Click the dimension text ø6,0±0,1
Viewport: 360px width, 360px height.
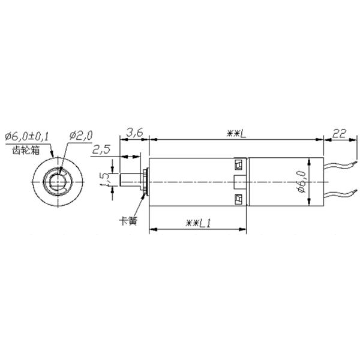point(28,135)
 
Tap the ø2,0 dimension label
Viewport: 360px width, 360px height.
point(80,136)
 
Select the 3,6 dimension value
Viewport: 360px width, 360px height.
point(134,132)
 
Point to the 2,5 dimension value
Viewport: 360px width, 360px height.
point(101,149)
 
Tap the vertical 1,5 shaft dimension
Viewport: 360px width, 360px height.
point(104,179)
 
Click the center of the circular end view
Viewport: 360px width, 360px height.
point(58,179)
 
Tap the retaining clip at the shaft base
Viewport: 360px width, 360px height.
point(145,179)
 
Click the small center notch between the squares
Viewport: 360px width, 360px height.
point(238,180)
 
